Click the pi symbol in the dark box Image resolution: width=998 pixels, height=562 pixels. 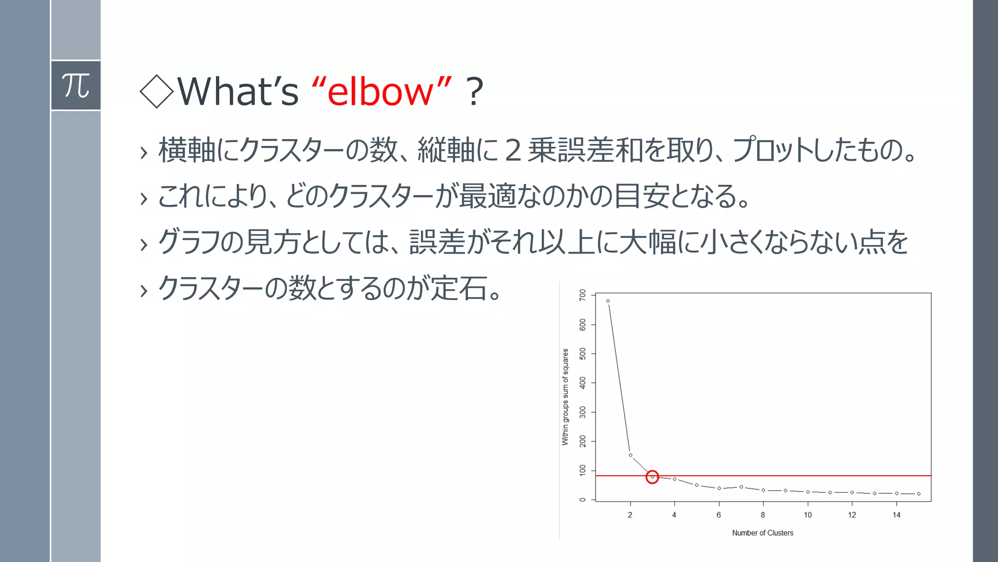click(76, 86)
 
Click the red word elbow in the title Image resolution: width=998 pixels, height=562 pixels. click(380, 92)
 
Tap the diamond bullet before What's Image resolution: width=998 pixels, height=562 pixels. click(156, 91)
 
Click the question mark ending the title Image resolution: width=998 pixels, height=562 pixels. click(474, 92)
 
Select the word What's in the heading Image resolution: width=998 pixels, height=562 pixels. click(238, 92)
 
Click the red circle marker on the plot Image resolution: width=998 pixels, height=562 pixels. click(652, 477)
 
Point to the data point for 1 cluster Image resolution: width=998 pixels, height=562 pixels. click(608, 301)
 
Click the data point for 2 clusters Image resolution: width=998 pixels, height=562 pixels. click(630, 455)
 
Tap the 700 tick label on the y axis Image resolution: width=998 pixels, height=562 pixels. click(583, 295)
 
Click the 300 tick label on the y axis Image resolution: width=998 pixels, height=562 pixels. click(583, 412)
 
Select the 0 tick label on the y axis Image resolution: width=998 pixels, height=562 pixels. click(583, 500)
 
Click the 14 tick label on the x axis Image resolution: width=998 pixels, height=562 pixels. click(896, 515)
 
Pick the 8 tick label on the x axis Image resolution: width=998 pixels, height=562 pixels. click(763, 515)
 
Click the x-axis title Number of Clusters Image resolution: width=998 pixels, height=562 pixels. click(763, 533)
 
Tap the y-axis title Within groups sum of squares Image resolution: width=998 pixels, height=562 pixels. click(565, 397)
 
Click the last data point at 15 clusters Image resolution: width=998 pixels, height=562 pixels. click(919, 494)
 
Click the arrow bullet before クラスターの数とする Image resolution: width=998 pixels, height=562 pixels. click(143, 291)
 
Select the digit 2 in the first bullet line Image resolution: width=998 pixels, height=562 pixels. click(513, 150)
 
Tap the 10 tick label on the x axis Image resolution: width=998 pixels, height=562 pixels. click(807, 515)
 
